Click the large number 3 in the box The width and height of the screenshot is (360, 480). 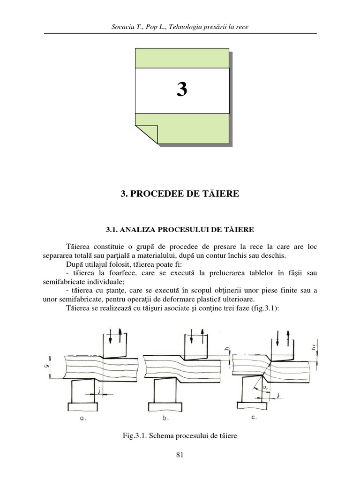(182, 90)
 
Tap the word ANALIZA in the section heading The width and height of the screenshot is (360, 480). (135, 230)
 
